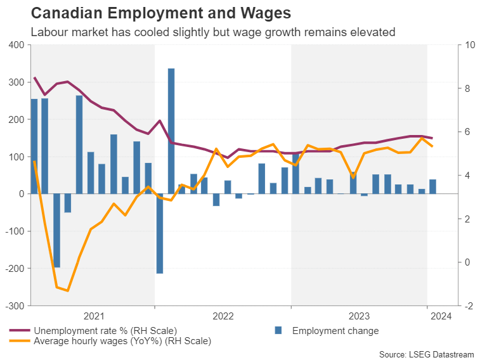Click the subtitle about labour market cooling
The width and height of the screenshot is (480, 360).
click(207, 32)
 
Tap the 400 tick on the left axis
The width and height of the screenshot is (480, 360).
click(16, 45)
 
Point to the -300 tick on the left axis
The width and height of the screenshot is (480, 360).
click(15, 305)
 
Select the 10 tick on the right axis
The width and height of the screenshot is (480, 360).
click(470, 45)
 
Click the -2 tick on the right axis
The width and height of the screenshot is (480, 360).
click(469, 305)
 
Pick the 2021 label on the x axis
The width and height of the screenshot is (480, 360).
click(93, 316)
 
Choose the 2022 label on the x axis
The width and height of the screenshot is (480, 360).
click(223, 316)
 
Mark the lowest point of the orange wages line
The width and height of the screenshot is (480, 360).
click(68, 291)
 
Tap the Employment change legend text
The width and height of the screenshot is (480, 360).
click(335, 330)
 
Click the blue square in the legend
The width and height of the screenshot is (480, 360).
click(278, 330)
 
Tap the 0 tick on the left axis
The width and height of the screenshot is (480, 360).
click(21, 194)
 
